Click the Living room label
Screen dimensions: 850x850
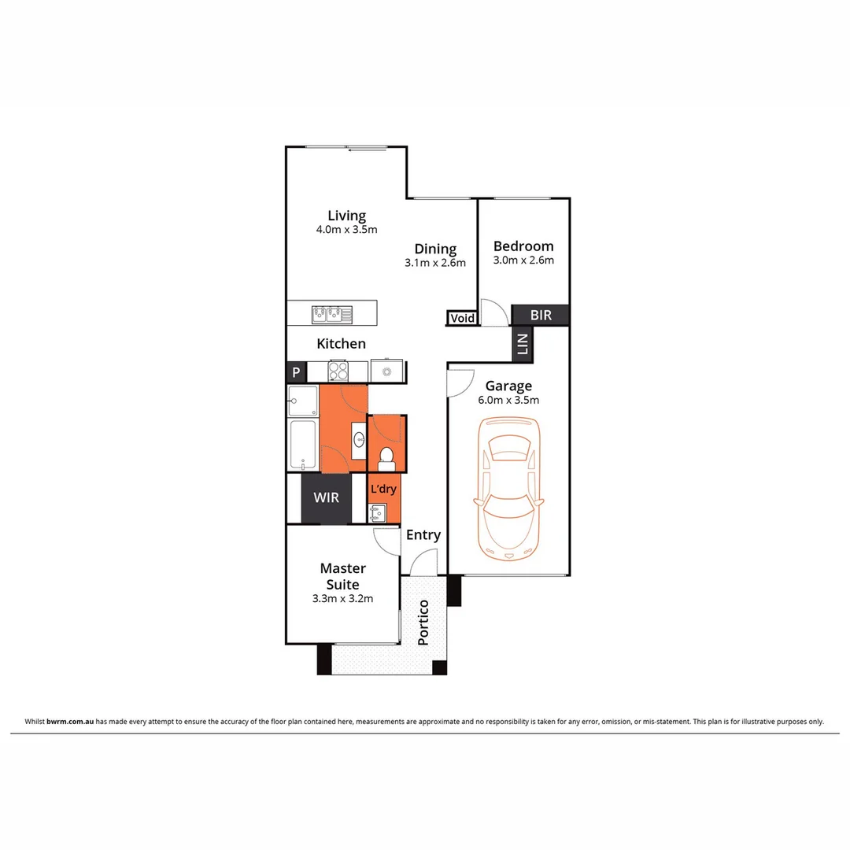coord(346,216)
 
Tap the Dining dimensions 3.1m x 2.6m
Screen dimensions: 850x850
coord(435,263)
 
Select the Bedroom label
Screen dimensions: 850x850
coord(523,246)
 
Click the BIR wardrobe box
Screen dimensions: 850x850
coord(541,315)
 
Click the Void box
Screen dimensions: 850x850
coord(462,318)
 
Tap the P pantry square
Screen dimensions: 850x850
coord(296,373)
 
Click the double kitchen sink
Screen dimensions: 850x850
coord(331,314)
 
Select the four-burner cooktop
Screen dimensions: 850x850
coord(338,370)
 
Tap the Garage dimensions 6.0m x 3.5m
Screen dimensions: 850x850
coord(508,400)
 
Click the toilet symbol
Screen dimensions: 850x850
coord(386,456)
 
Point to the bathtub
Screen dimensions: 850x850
coord(303,445)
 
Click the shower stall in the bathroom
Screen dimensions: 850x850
coord(303,401)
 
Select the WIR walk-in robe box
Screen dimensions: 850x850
coord(327,498)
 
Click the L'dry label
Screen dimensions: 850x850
coord(383,489)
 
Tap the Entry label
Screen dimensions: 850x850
coord(423,535)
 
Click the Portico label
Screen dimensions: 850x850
coord(423,623)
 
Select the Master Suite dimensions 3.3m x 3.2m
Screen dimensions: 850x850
coord(342,598)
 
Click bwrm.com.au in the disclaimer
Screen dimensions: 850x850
coord(71,721)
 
